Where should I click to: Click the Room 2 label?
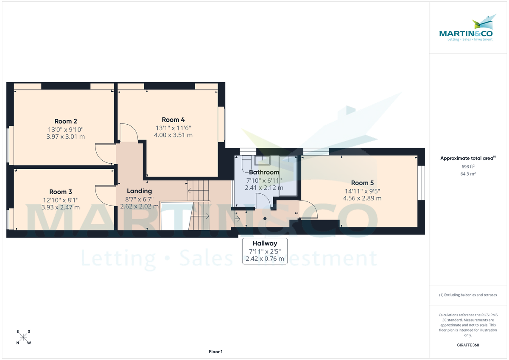66,121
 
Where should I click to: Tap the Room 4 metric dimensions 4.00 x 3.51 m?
173,135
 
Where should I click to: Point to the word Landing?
139,191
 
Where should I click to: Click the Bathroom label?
264,172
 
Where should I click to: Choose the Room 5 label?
363,183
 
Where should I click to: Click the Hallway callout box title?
265,243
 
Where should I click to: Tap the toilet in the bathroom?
246,164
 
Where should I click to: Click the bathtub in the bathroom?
289,174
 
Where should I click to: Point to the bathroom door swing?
262,200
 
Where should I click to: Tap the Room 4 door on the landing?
128,133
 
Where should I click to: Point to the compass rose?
24,338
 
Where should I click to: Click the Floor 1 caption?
215,352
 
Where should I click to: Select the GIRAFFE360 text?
468,345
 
